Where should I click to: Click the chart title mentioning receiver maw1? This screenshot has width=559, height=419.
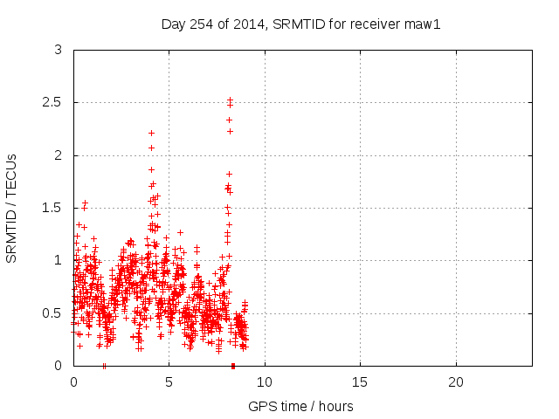(300, 24)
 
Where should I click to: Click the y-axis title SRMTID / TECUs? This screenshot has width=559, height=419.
(11, 208)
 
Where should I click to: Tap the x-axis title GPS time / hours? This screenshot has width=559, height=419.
(300, 406)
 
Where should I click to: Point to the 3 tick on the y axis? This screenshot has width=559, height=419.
(57, 51)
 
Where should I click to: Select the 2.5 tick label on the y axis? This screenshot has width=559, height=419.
(52, 103)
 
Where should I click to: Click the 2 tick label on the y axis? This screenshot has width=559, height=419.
(57, 155)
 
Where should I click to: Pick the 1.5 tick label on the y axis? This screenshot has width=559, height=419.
(52, 208)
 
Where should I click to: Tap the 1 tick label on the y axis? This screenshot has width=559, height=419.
(57, 260)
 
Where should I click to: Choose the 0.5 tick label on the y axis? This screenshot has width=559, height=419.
(52, 313)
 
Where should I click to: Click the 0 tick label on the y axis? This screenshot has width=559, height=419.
(57, 365)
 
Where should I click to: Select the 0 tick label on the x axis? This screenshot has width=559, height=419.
(73, 382)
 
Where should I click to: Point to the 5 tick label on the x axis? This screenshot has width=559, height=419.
(169, 382)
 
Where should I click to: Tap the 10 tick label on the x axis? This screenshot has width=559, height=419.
(265, 382)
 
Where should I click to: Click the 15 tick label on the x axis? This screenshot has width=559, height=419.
(360, 382)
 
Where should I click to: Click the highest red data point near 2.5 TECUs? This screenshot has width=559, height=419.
(230, 100)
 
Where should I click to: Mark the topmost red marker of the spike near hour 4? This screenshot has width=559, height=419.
(151, 133)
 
